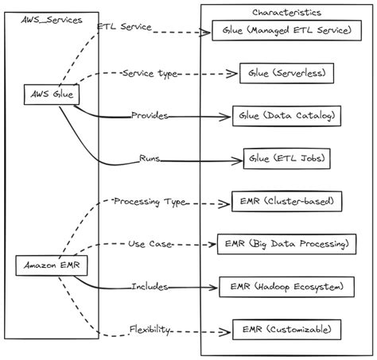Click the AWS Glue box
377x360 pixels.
[x=52, y=95]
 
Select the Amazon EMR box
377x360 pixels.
[x=52, y=265]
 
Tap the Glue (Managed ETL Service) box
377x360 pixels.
[x=286, y=30]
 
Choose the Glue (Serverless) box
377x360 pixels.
[x=286, y=73]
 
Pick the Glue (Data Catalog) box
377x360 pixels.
[x=286, y=116]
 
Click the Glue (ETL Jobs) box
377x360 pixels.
[x=286, y=159]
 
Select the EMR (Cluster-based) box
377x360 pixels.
[x=286, y=201]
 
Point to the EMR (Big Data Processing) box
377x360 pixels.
[x=286, y=244]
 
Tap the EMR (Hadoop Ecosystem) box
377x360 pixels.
[x=286, y=287]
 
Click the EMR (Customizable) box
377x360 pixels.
[x=286, y=330]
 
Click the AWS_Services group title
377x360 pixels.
[x=52, y=20]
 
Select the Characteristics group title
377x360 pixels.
[x=286, y=13]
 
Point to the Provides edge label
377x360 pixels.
[x=150, y=115]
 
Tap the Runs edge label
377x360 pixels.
[x=150, y=158]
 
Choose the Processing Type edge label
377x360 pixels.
[x=150, y=202]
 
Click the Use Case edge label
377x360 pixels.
[x=150, y=244]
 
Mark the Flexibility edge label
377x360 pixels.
[x=150, y=330]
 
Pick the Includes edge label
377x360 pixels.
[x=150, y=287]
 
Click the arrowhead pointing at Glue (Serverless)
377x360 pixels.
[x=232, y=74]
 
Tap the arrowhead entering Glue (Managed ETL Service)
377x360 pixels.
[x=205, y=33]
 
